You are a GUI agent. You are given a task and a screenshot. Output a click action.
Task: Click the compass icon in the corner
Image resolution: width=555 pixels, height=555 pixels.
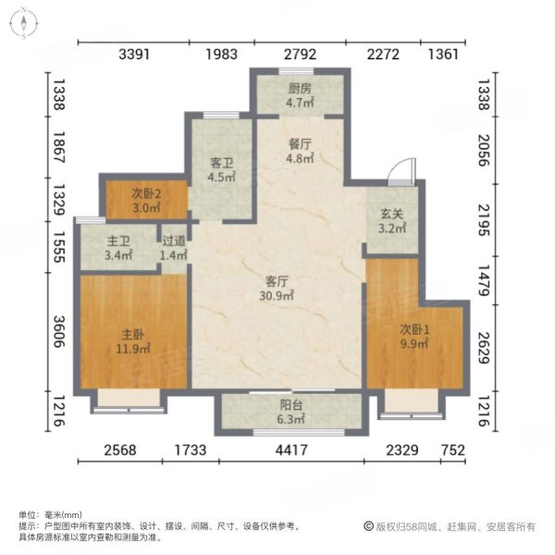(21, 25)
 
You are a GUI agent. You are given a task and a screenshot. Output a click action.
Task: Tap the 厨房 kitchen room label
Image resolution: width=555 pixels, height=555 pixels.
(298, 96)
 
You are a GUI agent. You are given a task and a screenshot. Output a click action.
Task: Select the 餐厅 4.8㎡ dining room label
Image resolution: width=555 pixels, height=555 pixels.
(298, 150)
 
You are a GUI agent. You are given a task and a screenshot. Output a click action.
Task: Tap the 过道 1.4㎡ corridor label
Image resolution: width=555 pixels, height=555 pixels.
(174, 250)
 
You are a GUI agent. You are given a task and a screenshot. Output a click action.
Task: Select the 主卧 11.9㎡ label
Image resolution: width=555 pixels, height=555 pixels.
(129, 342)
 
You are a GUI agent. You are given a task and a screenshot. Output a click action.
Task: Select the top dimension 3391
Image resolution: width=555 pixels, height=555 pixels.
(135, 55)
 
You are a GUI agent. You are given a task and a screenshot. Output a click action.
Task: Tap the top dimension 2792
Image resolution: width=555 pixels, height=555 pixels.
(300, 55)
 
